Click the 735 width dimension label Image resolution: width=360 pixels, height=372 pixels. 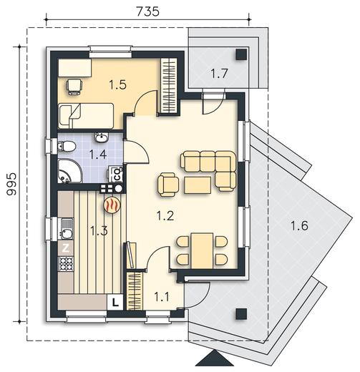point(147,11)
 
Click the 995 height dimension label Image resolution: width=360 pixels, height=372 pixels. point(11,184)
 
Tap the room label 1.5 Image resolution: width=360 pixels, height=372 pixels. point(117,84)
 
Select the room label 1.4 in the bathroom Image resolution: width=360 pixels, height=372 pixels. point(98,155)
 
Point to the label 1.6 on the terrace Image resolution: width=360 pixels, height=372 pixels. point(300,225)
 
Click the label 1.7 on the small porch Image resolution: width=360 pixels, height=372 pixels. point(220,73)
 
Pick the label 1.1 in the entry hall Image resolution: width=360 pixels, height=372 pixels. point(162,297)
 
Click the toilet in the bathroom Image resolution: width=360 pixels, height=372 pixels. point(66,146)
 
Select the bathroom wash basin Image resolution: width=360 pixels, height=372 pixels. point(102,138)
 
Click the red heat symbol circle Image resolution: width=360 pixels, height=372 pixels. point(112,205)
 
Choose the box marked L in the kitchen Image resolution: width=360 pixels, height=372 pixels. point(115,302)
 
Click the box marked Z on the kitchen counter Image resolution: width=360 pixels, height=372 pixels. point(66,248)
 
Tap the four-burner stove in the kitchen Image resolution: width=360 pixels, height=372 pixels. point(66,264)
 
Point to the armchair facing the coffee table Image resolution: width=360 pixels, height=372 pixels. point(168,185)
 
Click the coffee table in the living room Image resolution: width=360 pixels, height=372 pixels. point(198,185)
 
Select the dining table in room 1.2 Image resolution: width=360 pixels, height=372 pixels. point(202,251)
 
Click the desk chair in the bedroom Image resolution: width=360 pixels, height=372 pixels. point(74,87)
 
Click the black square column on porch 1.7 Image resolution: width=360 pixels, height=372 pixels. point(241,54)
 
